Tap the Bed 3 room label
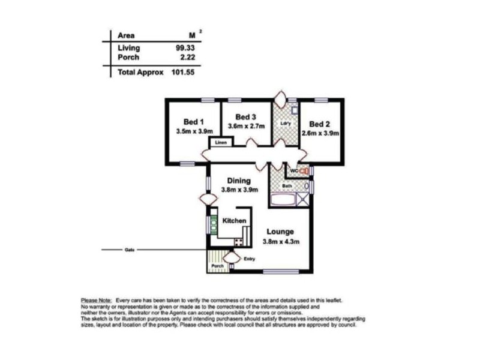pyautogui.click(x=246, y=116)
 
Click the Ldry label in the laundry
pyautogui.click(x=286, y=124)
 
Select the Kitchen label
pyautogui.click(x=235, y=221)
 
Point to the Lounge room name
pyautogui.click(x=281, y=232)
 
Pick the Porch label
pyautogui.click(x=217, y=266)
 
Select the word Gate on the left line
pyautogui.click(x=129, y=250)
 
